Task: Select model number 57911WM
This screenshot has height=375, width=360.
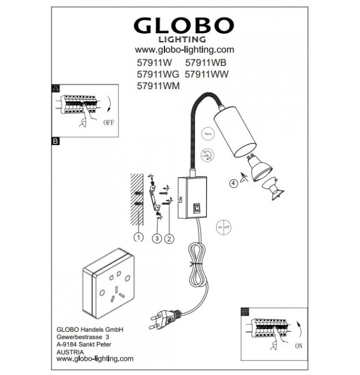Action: (x=158, y=86)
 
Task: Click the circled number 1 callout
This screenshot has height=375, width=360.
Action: (x=138, y=238)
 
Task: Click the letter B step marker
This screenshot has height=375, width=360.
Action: (x=55, y=142)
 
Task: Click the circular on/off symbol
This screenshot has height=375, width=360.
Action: (x=223, y=228)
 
